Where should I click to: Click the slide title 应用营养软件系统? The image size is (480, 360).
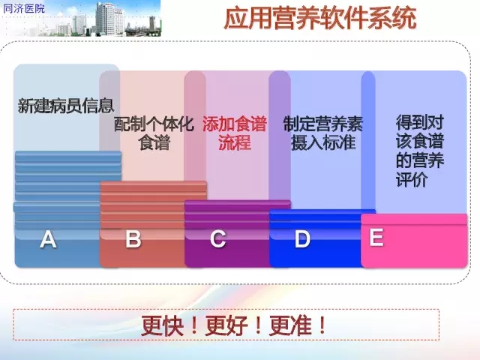pyautogui.click(x=320, y=18)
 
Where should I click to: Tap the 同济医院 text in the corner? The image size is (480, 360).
pyautogui.click(x=24, y=8)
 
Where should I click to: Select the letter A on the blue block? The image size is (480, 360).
pyautogui.click(x=48, y=239)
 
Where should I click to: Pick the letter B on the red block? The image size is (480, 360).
pyautogui.click(x=133, y=238)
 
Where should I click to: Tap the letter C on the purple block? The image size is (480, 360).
pyautogui.click(x=218, y=238)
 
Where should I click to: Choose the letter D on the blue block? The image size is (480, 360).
pyautogui.click(x=302, y=238)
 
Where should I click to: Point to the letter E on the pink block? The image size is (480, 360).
pyautogui.click(x=376, y=237)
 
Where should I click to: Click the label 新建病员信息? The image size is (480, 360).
pyautogui.click(x=66, y=106)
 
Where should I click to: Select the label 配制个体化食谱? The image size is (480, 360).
pyautogui.click(x=154, y=133)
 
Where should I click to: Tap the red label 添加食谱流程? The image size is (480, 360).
pyautogui.click(x=235, y=133)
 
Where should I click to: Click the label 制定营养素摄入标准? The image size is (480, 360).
pyautogui.click(x=323, y=133)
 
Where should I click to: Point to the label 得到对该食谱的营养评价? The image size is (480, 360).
pyautogui.click(x=420, y=151)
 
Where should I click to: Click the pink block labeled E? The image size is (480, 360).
pyautogui.click(x=414, y=241)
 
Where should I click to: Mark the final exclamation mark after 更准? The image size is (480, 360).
pyautogui.click(x=322, y=326)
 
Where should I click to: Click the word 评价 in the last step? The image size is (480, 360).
pyautogui.click(x=412, y=179)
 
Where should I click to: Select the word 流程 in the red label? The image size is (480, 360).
pyautogui.click(x=235, y=142)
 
